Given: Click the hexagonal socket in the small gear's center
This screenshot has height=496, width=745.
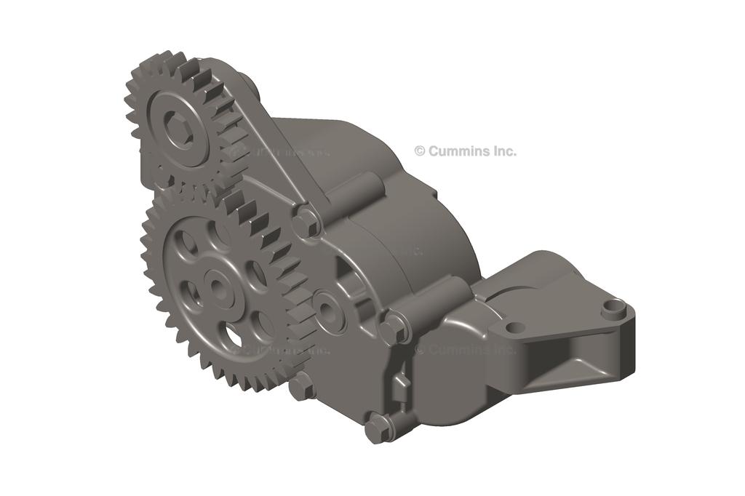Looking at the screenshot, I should pos(177,130).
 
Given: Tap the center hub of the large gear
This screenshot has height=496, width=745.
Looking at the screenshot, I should pos(217,286).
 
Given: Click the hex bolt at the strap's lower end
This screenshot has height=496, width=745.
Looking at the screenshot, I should pos(307,220).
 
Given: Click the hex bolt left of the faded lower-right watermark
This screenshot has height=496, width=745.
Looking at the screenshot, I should pos(394,329).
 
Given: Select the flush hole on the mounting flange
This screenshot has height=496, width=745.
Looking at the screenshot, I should pos(514,327).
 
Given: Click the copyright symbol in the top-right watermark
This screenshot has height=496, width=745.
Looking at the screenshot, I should pos(419,151).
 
